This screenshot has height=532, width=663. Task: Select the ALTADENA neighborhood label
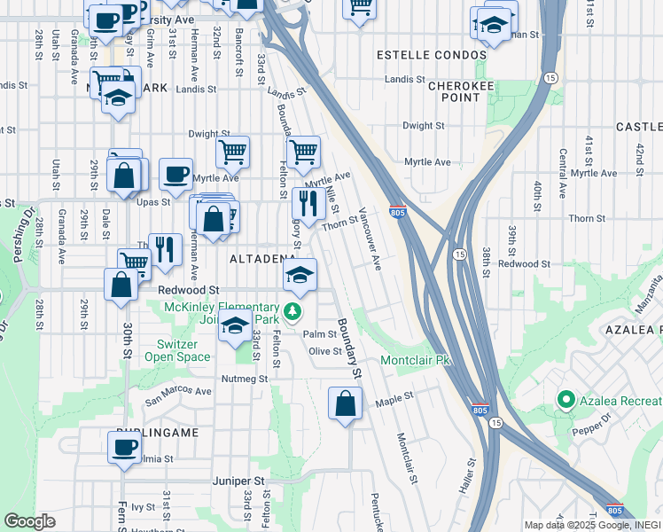coord(262,259)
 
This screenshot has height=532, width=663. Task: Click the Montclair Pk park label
coord(417,361)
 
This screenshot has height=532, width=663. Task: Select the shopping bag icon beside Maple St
coord(345,403)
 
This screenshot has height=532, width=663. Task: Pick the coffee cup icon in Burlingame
coord(123,445)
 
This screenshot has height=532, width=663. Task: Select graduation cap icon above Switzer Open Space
coord(235,326)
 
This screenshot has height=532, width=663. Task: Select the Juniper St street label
coord(238,481)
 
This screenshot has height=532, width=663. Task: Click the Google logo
coord(29,521)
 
